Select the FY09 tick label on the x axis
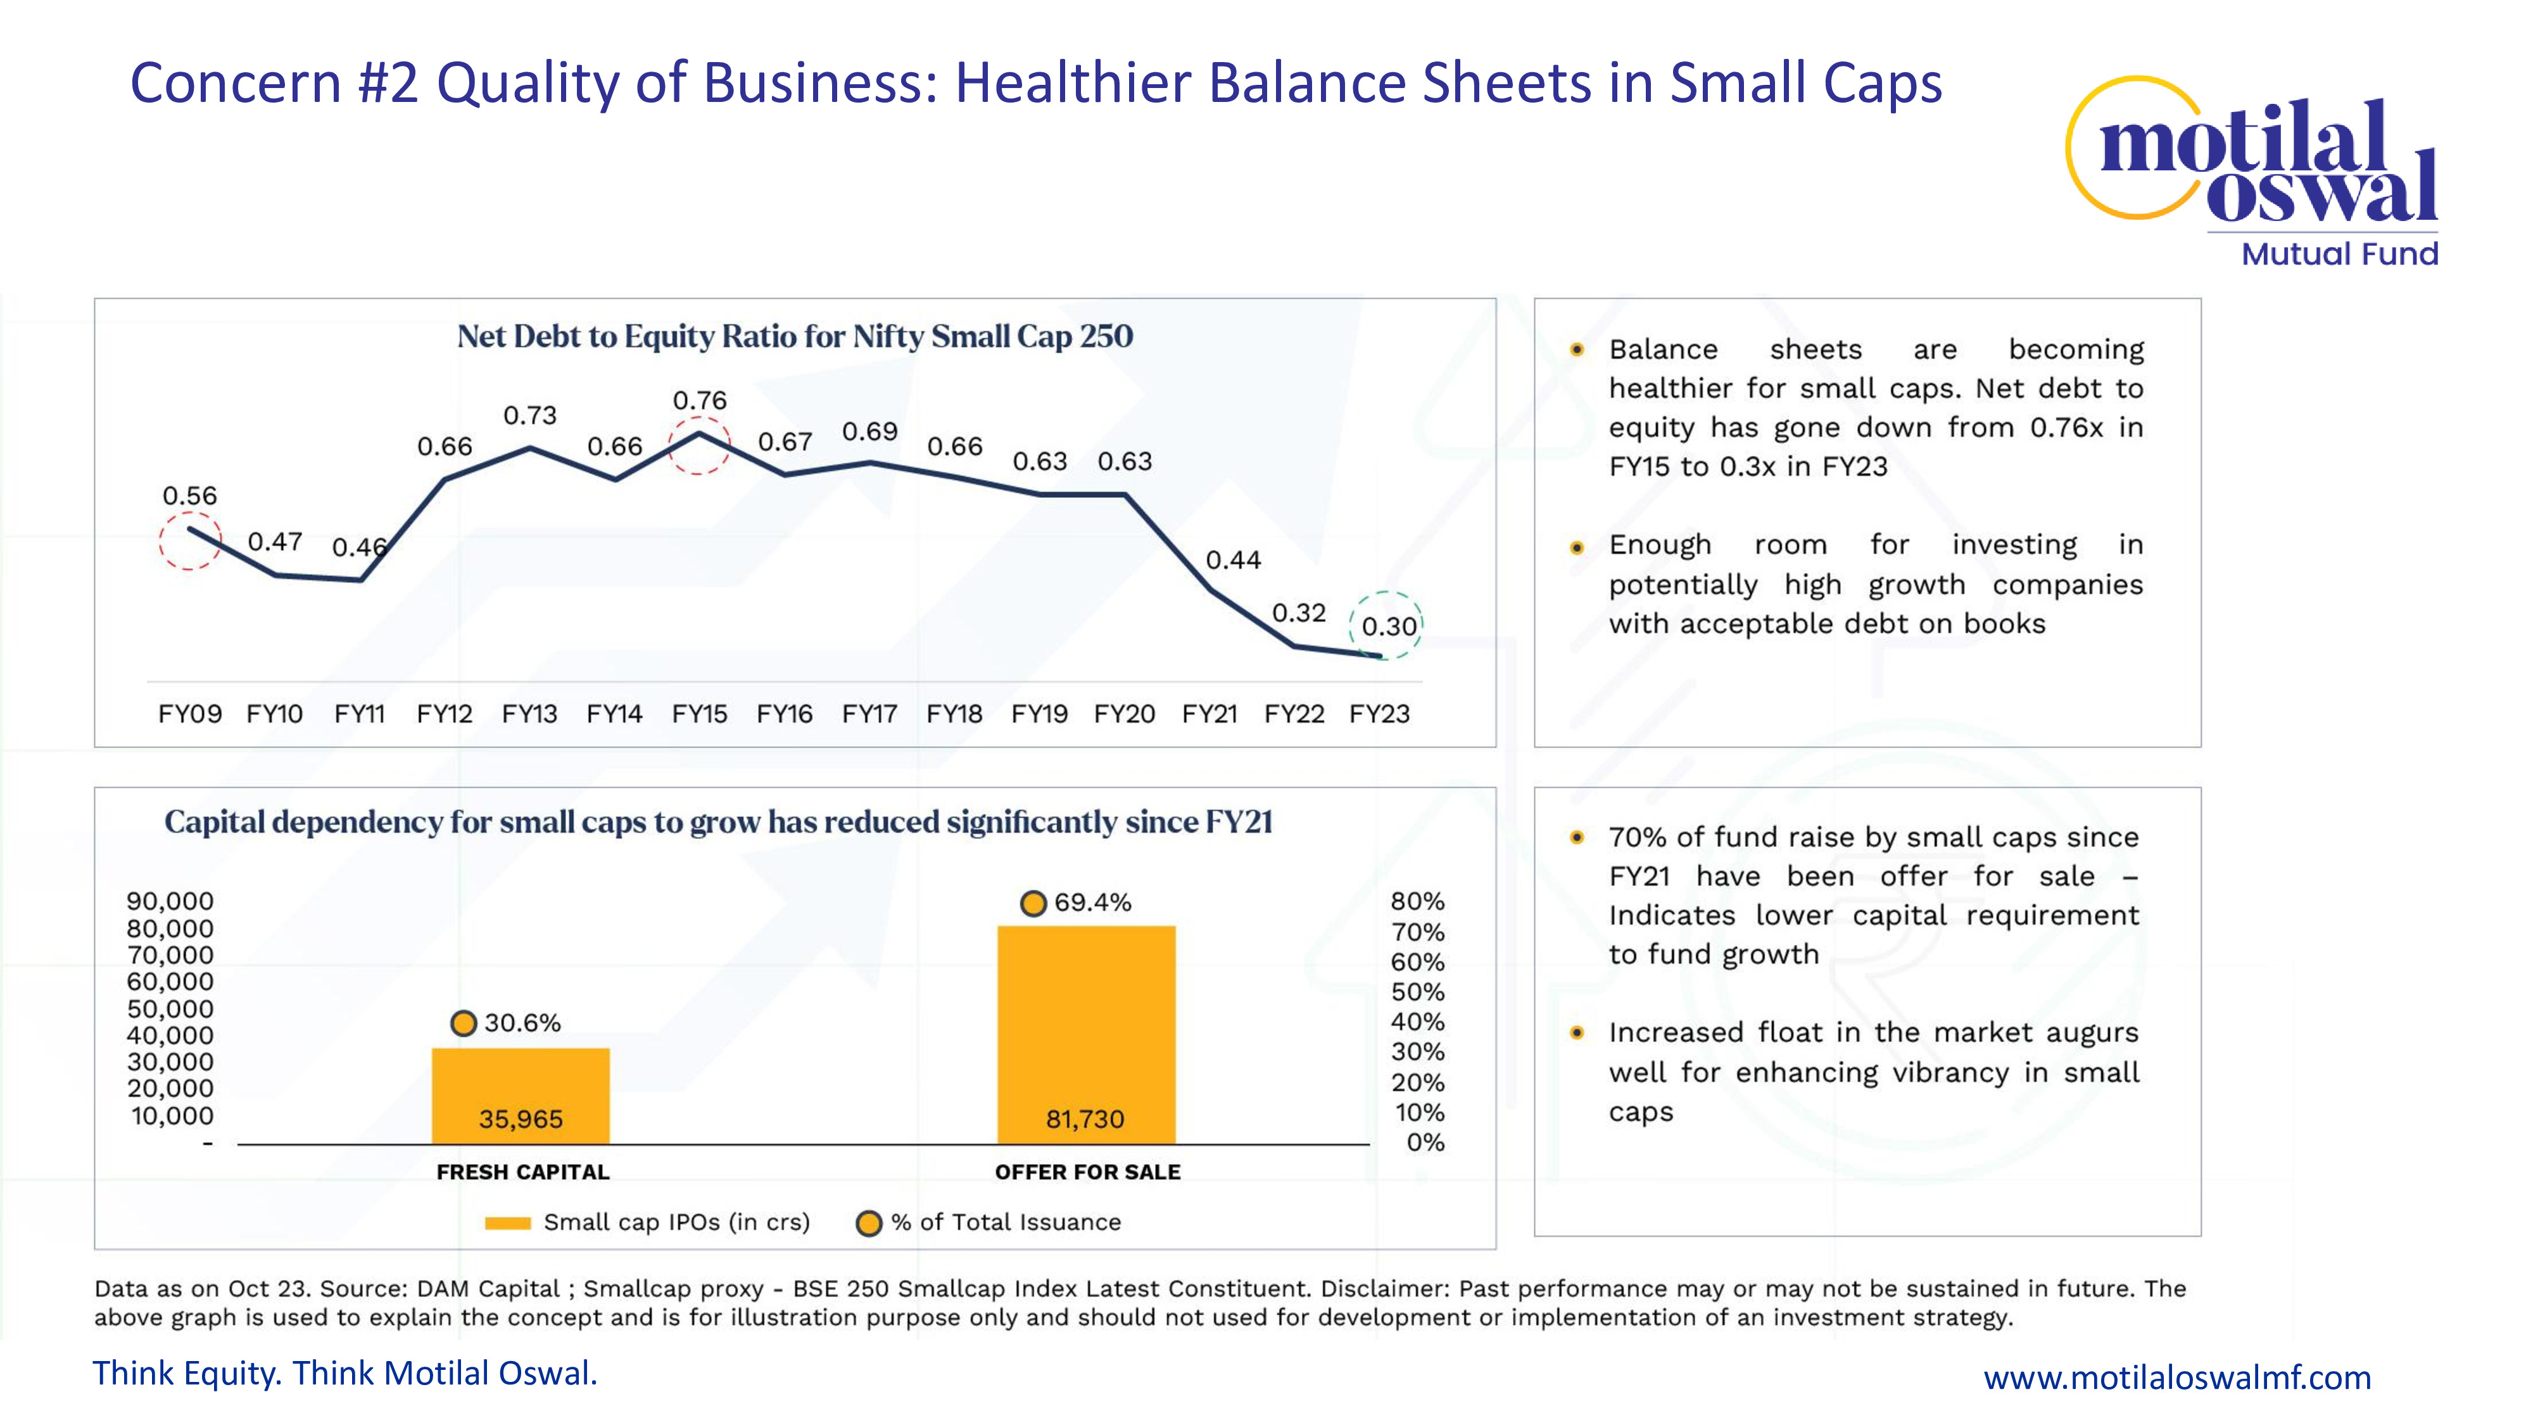click(190, 714)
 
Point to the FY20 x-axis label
click(1124, 714)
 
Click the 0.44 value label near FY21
click(1233, 560)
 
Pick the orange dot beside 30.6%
click(463, 1023)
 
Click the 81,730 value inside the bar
click(1085, 1119)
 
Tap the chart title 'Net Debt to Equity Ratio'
click(795, 336)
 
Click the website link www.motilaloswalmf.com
click(2177, 1377)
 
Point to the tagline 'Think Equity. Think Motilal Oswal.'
click(345, 1374)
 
